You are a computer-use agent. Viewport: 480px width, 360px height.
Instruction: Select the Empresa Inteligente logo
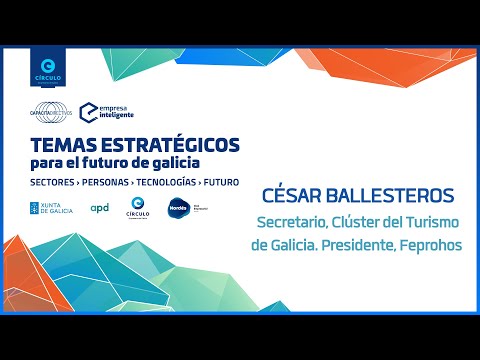(x=106, y=112)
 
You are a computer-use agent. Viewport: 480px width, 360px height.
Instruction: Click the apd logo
(x=99, y=208)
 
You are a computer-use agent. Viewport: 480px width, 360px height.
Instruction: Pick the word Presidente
(x=362, y=245)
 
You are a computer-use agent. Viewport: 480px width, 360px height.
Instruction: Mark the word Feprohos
(x=432, y=245)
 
